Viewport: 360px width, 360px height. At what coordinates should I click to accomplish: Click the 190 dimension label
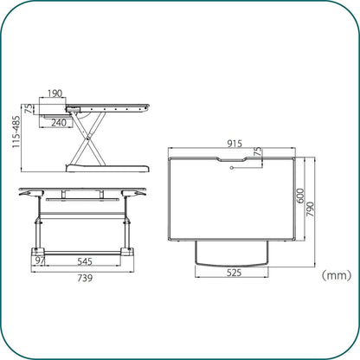(55, 93)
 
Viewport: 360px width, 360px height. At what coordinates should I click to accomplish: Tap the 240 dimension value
(59, 123)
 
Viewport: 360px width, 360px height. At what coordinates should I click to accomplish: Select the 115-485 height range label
(16, 132)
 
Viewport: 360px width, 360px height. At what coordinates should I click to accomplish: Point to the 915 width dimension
(235, 144)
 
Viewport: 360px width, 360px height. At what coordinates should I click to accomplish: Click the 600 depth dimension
(300, 196)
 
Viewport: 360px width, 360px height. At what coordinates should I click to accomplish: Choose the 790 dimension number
(310, 209)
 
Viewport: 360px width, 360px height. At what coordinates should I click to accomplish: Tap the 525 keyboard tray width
(234, 273)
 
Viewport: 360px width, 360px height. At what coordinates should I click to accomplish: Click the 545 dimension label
(85, 261)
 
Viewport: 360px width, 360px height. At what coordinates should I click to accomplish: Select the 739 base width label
(85, 278)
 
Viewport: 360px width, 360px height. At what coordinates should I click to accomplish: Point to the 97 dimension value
(40, 261)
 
